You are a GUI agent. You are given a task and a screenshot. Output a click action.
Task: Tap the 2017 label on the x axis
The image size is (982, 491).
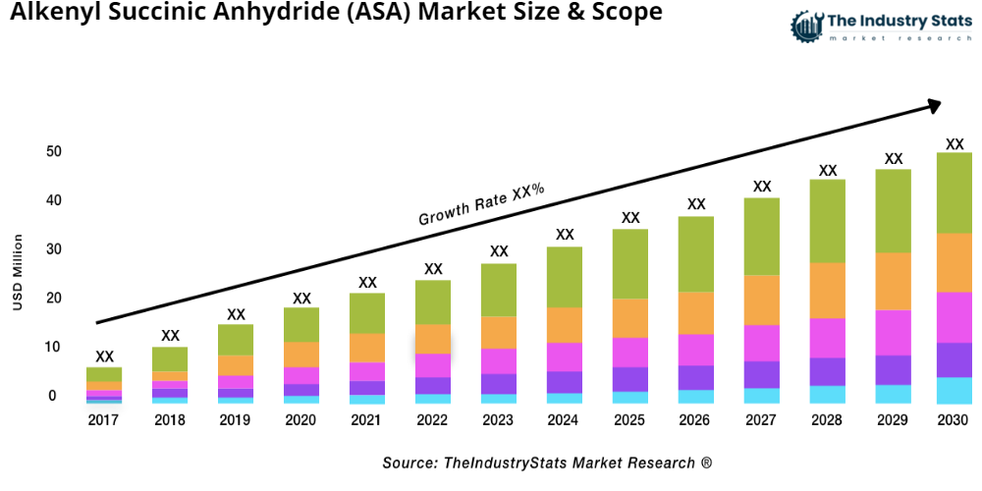(x=104, y=419)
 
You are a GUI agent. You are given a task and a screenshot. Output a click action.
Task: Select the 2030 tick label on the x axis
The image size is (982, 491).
(x=954, y=419)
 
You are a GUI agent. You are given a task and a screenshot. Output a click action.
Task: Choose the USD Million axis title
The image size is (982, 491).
(x=18, y=272)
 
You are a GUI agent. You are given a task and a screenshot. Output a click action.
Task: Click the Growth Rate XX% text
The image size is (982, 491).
(x=481, y=204)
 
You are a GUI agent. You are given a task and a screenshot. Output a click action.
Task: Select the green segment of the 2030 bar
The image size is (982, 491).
(x=954, y=192)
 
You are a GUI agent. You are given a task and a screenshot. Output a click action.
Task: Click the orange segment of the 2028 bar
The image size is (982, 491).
(x=827, y=290)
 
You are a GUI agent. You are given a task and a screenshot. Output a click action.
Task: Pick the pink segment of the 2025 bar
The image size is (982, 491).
(x=629, y=352)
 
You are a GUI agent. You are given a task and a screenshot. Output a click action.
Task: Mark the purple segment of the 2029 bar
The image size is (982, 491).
(x=893, y=369)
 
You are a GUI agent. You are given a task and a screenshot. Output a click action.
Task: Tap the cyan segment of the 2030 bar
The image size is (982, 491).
(x=954, y=390)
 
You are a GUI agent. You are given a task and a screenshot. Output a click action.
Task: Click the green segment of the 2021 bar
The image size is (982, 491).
(x=367, y=313)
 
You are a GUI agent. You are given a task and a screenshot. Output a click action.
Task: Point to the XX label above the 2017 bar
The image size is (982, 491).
(x=104, y=356)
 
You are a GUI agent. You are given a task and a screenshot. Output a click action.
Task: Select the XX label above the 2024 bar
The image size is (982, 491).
(x=565, y=235)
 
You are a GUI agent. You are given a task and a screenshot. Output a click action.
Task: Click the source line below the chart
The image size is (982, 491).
(x=547, y=463)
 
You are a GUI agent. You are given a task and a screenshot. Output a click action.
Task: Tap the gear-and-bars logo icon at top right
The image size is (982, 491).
(x=807, y=26)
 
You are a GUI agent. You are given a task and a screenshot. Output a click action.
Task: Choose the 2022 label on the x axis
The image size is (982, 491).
(x=433, y=419)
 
